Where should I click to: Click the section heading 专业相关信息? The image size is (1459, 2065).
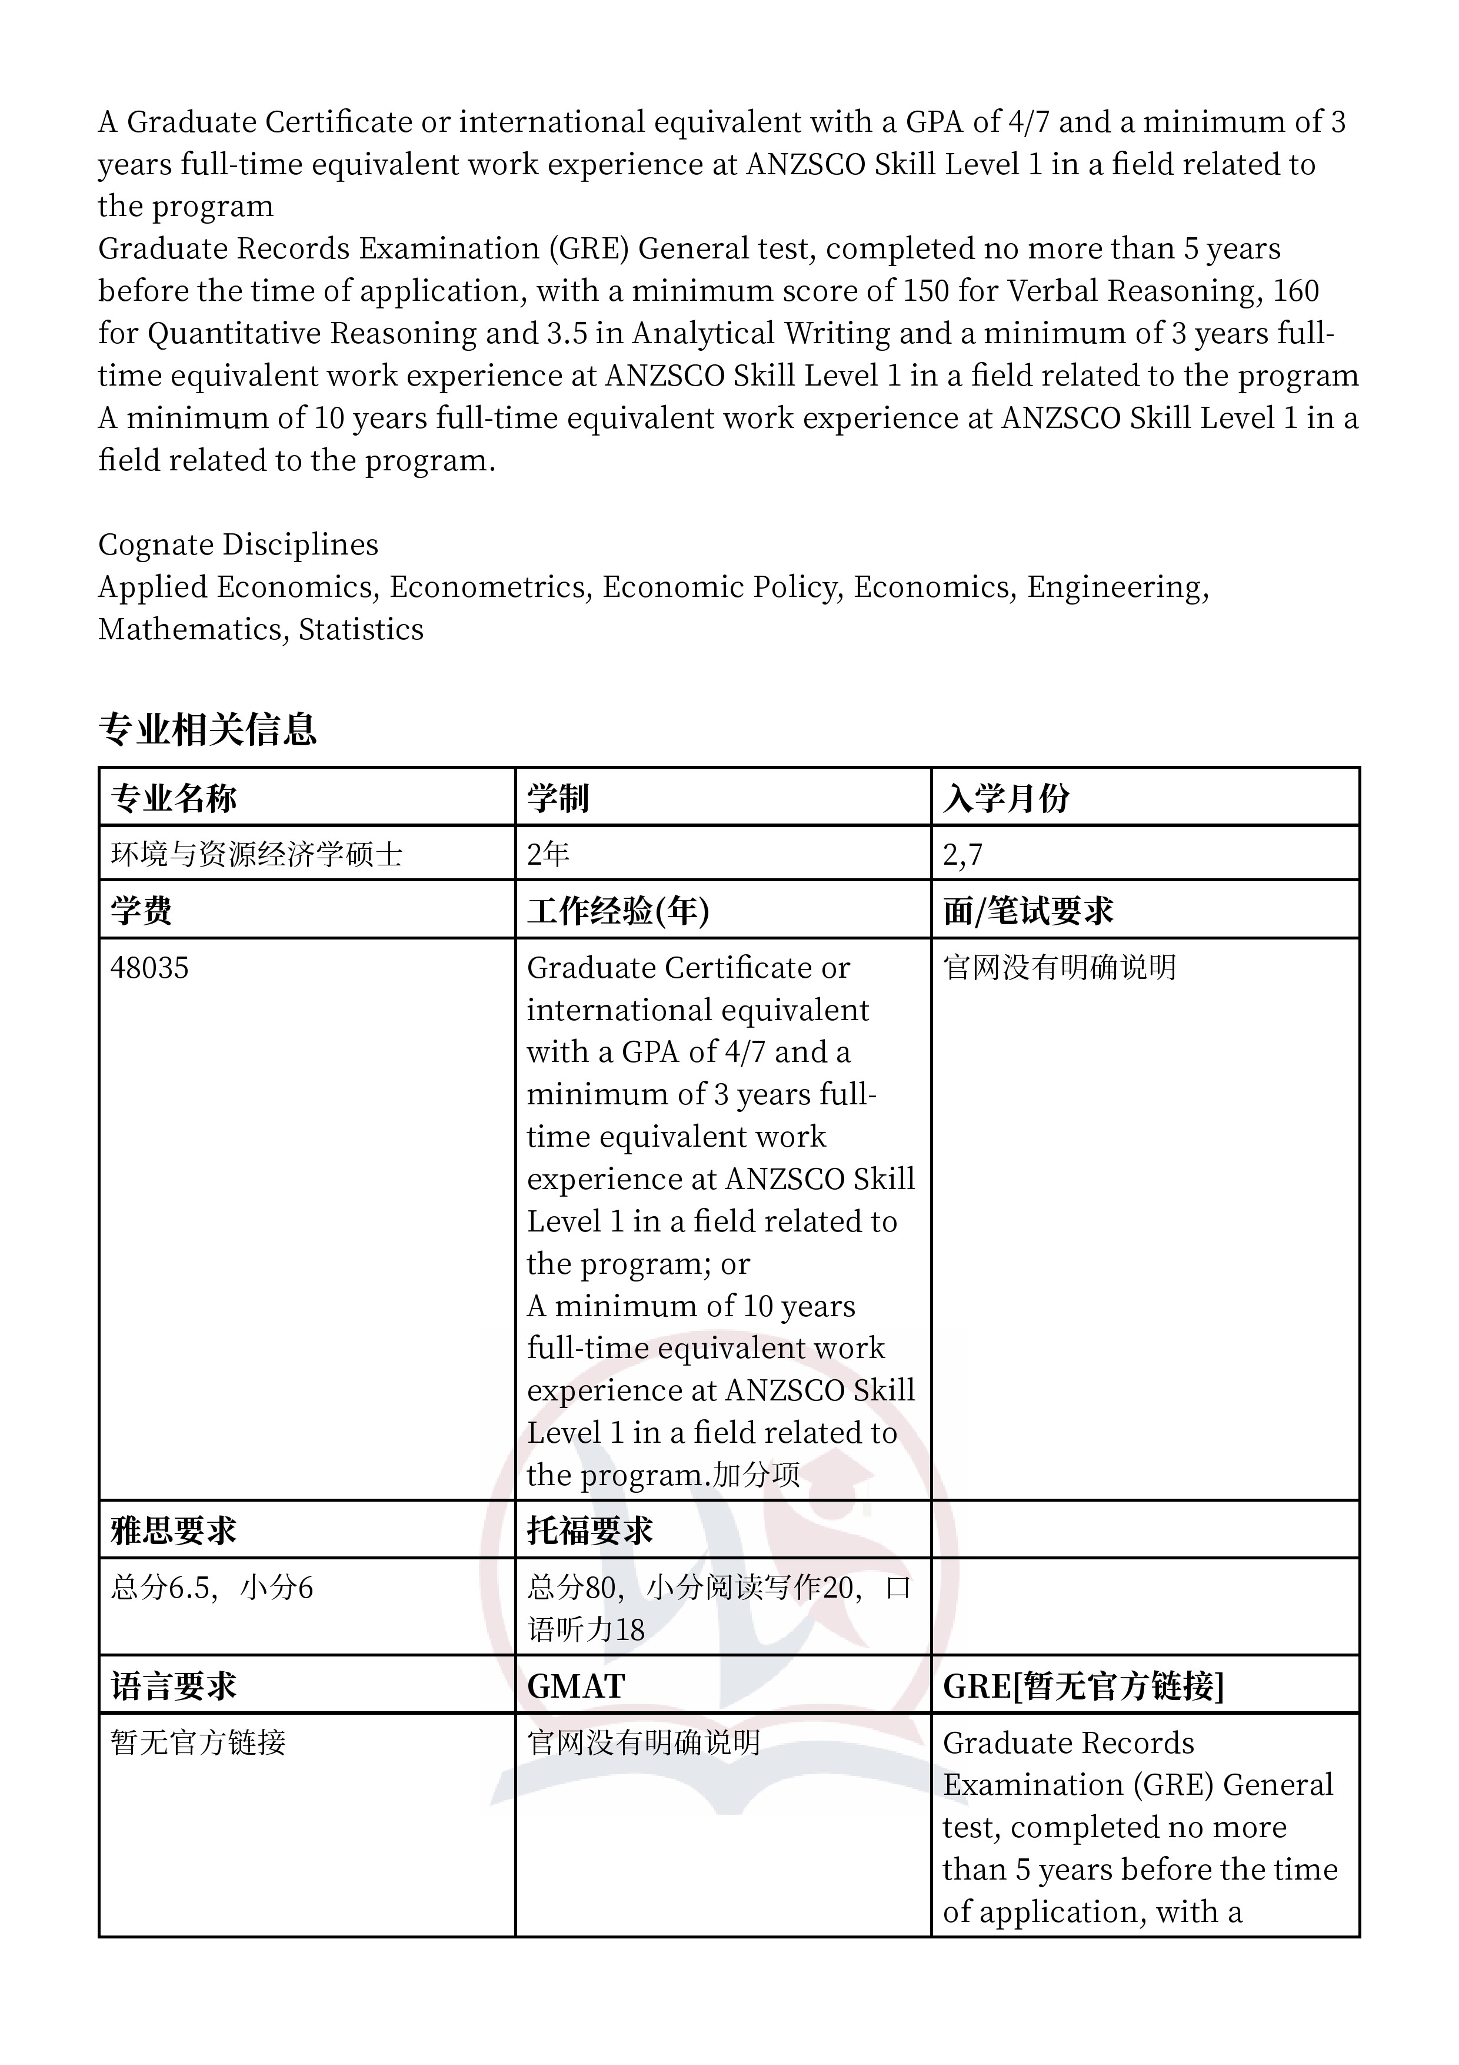coord(208,729)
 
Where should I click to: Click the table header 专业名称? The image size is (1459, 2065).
coord(174,798)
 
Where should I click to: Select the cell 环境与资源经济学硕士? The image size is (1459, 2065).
coord(256,854)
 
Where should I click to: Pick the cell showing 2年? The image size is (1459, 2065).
coord(548,854)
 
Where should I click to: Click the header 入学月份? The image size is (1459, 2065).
coord(1006,798)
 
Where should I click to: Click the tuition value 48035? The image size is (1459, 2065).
coord(150,968)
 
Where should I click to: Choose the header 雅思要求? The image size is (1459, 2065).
coord(174,1530)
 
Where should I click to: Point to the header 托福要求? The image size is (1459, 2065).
coord(589,1530)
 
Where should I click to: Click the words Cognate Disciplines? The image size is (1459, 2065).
coord(238,544)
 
